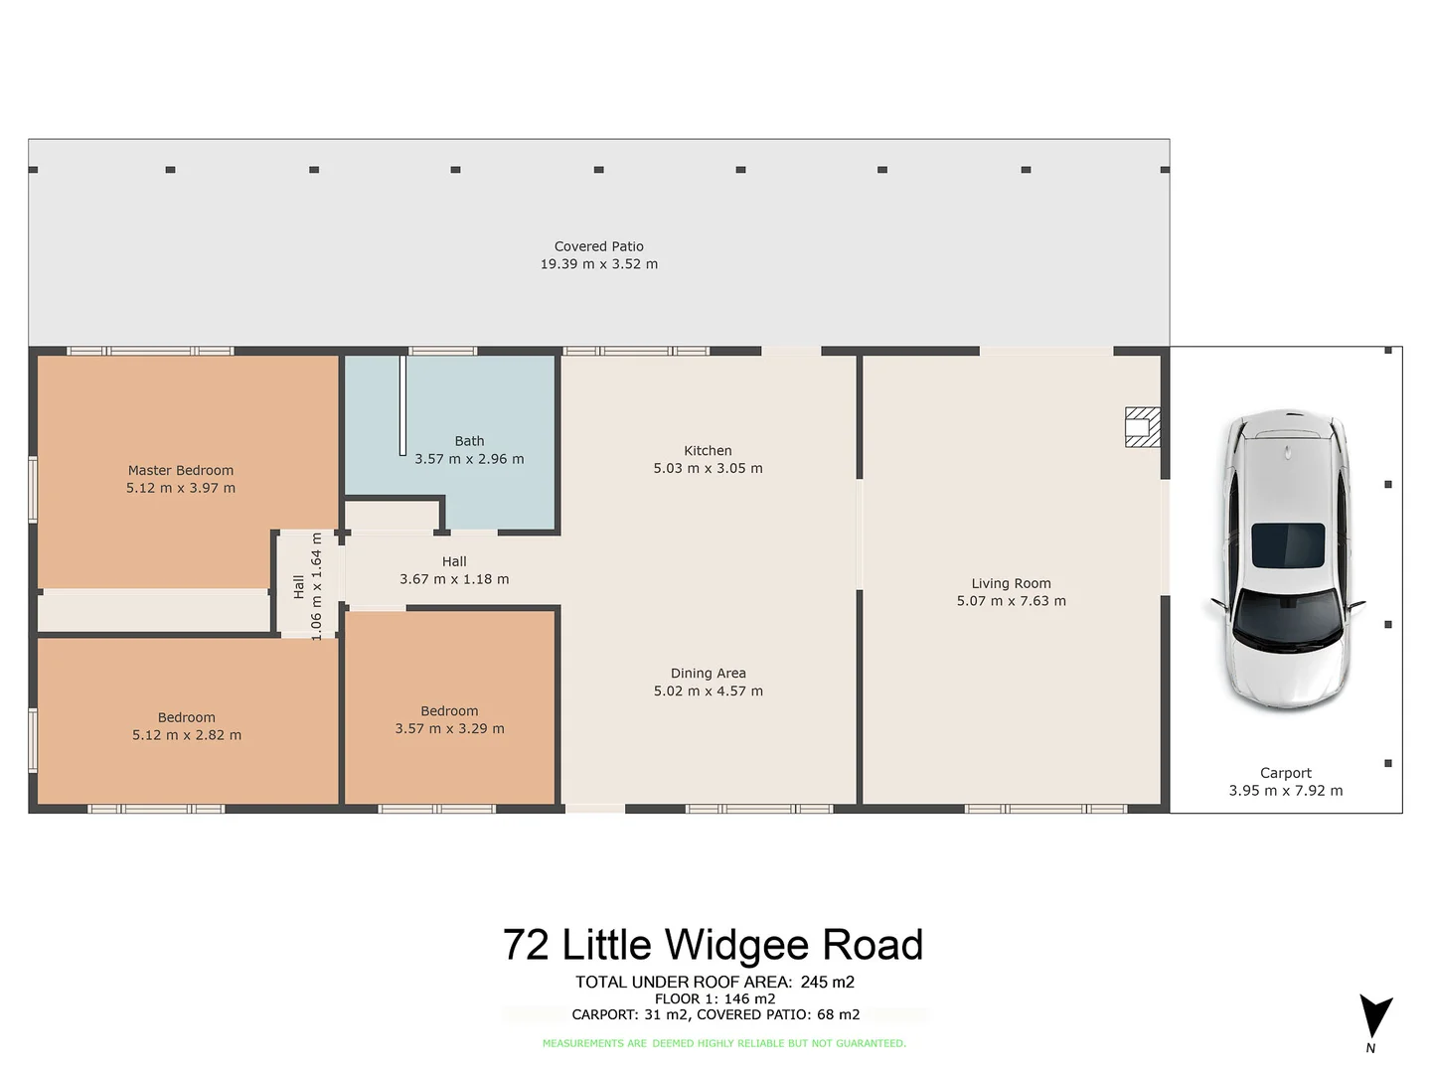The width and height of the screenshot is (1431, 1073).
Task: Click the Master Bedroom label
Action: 181,471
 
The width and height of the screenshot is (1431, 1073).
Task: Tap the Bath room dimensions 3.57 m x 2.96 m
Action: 469,459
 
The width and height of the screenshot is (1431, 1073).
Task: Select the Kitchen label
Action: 708,451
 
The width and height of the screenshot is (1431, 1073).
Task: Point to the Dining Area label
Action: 708,674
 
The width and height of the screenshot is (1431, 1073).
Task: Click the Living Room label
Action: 1011,584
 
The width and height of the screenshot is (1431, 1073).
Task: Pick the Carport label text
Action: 1285,773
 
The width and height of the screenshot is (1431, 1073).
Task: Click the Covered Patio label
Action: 598,246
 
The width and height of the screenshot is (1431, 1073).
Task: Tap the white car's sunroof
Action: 1287,545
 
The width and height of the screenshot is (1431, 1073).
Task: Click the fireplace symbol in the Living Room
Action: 1142,427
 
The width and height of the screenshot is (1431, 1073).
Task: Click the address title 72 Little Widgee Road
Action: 713,945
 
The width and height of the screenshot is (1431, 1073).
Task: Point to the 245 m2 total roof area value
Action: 827,982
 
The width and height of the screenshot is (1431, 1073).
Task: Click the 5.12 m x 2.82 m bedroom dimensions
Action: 187,735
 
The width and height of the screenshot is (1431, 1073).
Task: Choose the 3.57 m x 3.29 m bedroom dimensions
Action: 449,729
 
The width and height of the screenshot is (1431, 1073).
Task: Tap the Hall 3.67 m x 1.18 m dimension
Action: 454,579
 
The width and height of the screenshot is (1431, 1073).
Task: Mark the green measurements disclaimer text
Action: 723,1043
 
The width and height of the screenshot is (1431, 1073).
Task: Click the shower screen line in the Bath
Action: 403,405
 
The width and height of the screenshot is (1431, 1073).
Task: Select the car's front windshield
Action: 1286,616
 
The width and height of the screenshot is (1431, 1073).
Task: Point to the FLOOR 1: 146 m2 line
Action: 715,998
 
